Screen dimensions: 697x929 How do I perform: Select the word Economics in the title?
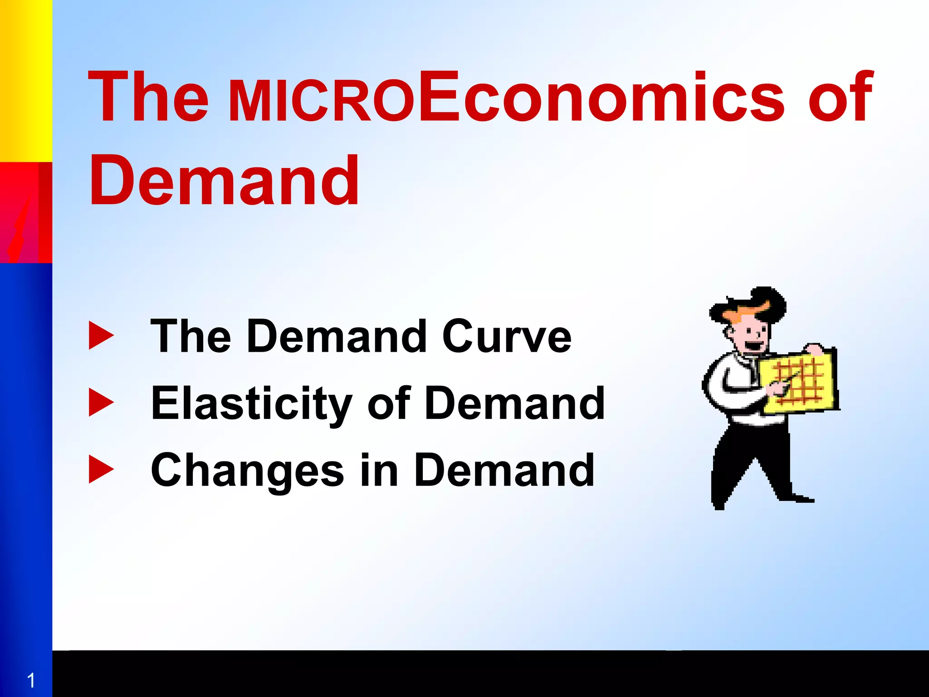601,97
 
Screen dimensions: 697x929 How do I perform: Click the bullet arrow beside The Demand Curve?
101,336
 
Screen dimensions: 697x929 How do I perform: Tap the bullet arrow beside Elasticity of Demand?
101,402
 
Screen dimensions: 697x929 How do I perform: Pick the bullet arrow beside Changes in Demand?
101,470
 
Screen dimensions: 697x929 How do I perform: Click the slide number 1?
31,681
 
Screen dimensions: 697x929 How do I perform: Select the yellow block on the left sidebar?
26,81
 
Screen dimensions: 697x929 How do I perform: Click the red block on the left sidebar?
26,212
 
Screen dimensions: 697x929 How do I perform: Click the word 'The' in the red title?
148,97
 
